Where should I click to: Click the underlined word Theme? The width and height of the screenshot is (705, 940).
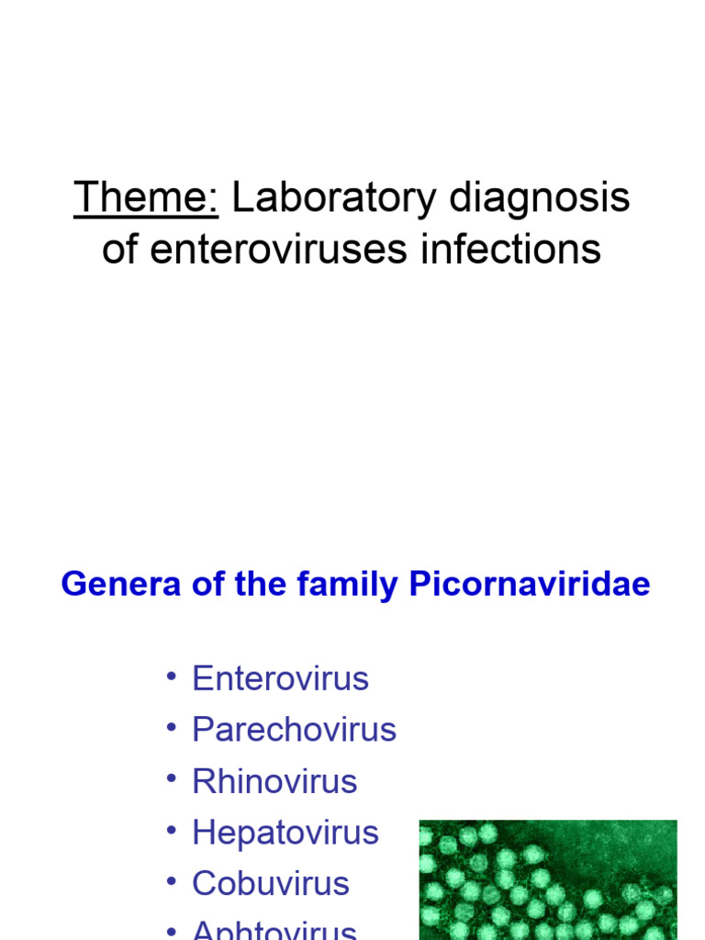coord(146,197)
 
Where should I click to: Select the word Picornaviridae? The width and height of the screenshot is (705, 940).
coord(530,585)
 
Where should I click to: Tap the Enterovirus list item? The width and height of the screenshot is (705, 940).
coord(280,679)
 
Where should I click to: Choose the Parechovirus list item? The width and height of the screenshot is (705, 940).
coord(294,731)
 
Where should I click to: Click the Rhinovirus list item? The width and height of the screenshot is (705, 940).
coord(274,782)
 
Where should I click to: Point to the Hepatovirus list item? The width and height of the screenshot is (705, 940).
coord(285,834)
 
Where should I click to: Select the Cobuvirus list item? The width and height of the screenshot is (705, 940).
coord(271,884)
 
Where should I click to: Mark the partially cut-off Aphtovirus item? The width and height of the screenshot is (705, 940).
coord(274,929)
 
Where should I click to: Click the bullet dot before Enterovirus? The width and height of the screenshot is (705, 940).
coord(171,677)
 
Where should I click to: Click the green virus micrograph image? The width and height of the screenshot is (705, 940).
coord(547,879)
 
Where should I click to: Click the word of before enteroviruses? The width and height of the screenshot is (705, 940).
coord(118,249)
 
